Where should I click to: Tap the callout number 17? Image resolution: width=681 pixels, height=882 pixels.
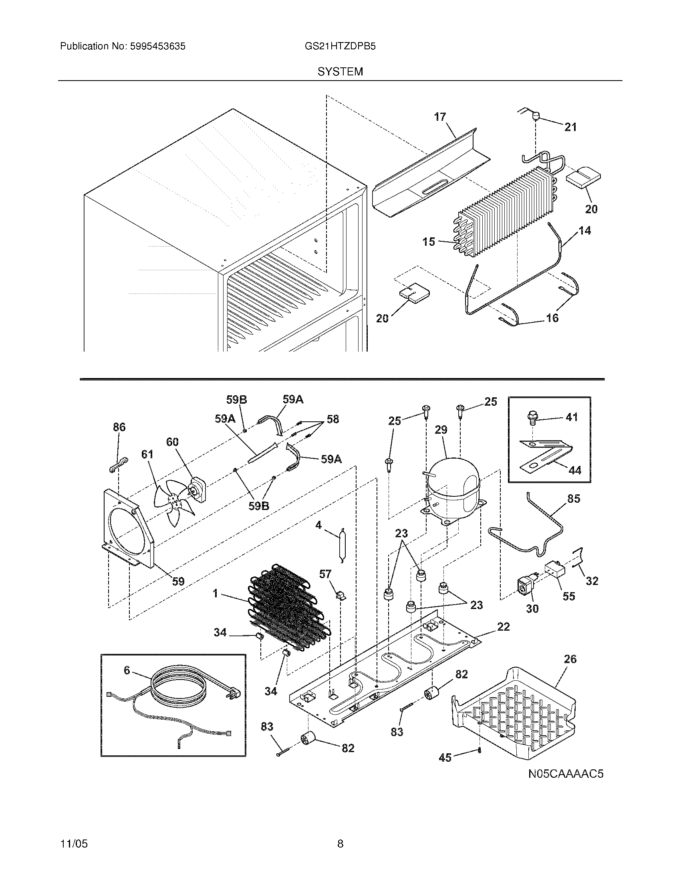coord(440,117)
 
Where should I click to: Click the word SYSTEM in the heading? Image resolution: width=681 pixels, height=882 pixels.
coord(340,72)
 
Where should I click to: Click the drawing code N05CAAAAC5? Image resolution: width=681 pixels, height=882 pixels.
coord(566,774)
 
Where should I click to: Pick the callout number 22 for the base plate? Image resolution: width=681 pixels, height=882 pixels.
coord(504,627)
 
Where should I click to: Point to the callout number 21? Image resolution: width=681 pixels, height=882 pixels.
coord(570,127)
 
